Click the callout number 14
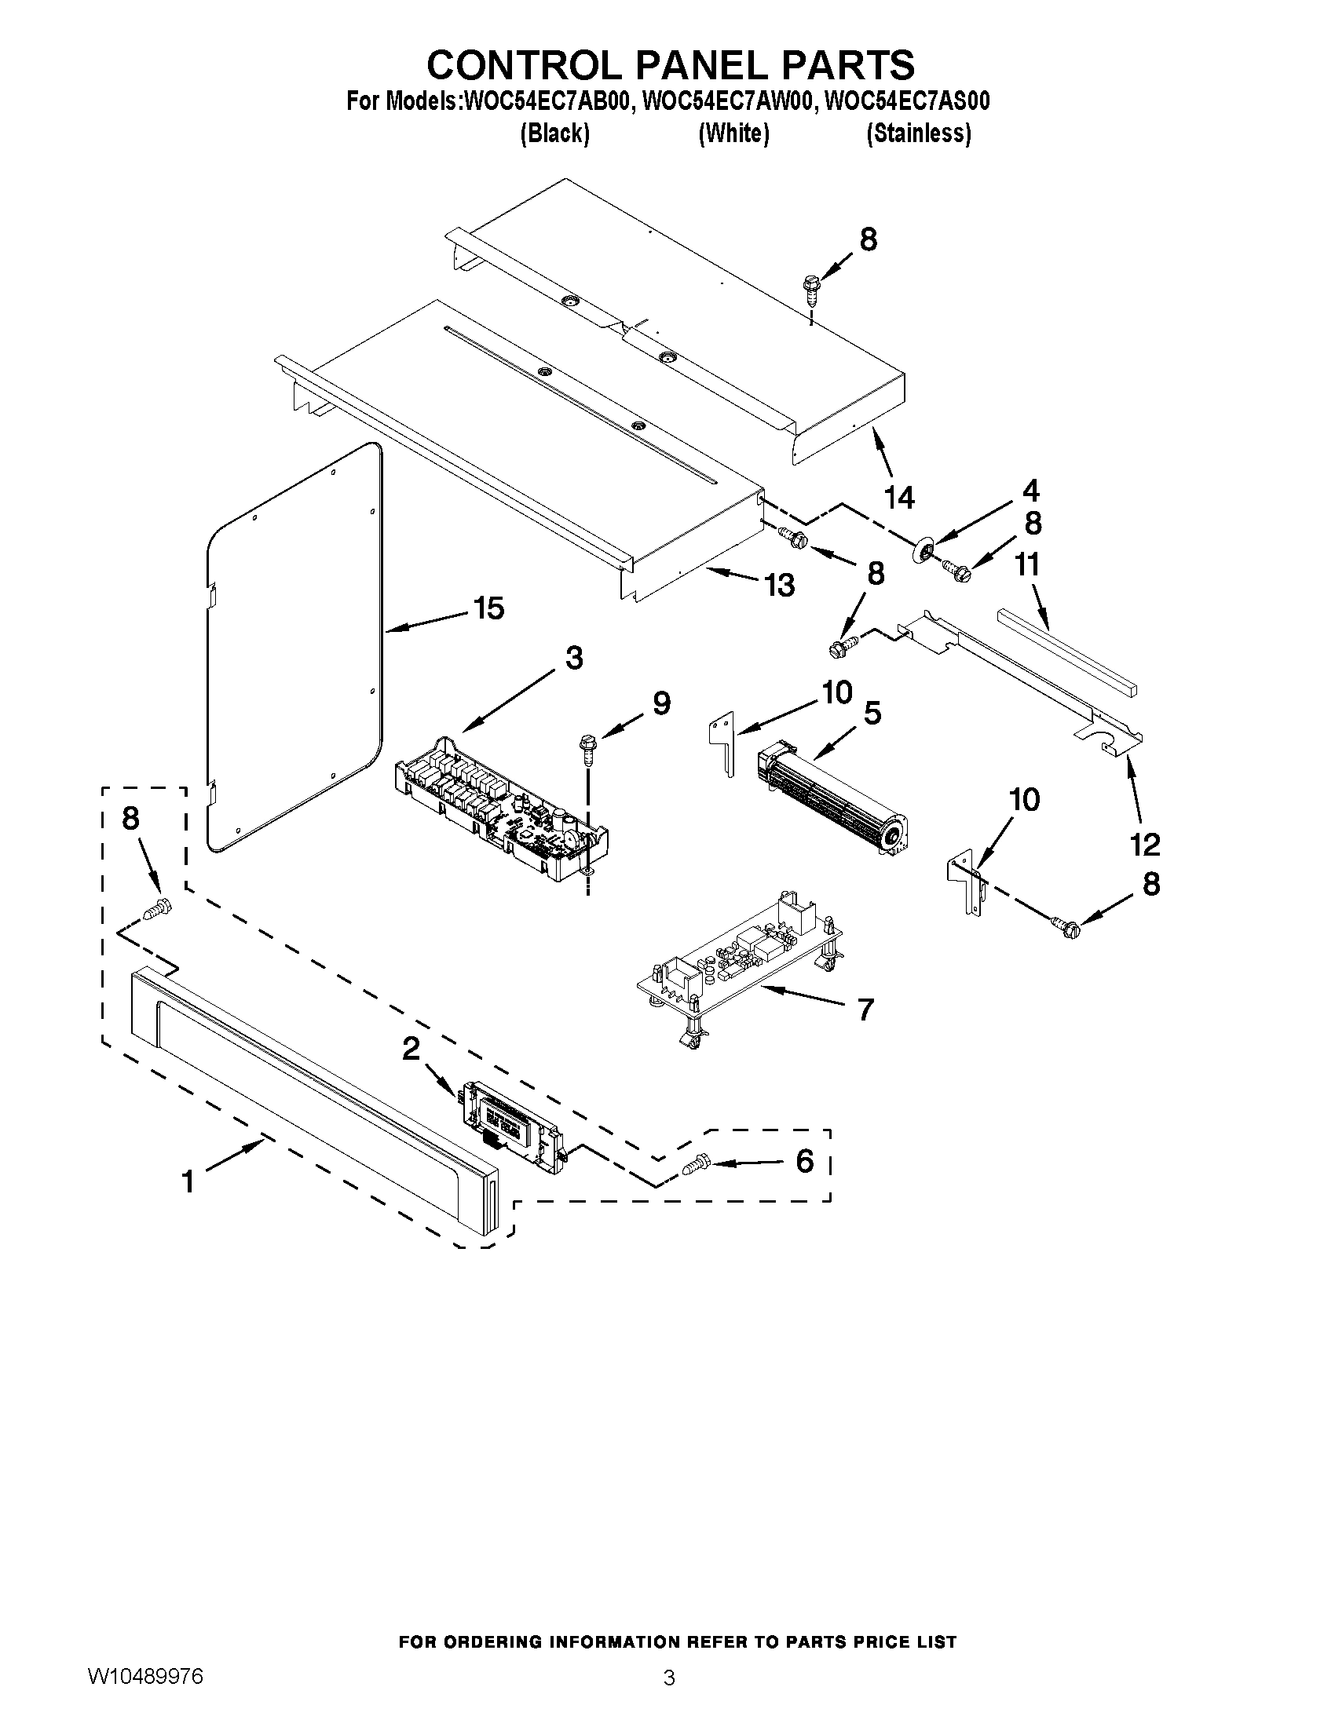(899, 498)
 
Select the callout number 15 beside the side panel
(488, 608)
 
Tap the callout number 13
(779, 585)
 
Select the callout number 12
(1144, 845)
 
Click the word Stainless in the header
(918, 133)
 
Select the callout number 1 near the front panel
(188, 1182)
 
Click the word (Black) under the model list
(554, 133)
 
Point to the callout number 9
(661, 703)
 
